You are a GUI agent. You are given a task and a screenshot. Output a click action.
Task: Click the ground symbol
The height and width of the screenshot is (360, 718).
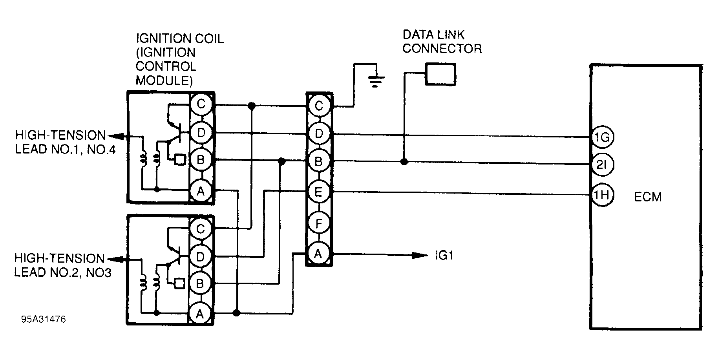pyautogui.click(x=375, y=82)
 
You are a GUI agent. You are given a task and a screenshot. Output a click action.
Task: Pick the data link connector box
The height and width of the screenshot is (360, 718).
pyautogui.click(x=440, y=74)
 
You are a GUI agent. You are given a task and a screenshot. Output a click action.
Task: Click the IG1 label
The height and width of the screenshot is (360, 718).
pyautogui.click(x=444, y=256)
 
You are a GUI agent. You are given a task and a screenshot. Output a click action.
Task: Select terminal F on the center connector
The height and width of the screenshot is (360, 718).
pyautogui.click(x=319, y=224)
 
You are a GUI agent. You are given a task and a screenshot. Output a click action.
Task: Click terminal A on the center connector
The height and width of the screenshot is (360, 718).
pyautogui.click(x=318, y=254)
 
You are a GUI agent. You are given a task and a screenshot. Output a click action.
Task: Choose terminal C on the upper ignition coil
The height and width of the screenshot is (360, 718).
pyautogui.click(x=201, y=104)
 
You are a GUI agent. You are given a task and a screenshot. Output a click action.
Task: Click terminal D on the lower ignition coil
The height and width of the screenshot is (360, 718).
pyautogui.click(x=200, y=257)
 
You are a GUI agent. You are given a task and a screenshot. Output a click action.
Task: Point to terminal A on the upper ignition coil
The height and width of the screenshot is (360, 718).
pyautogui.click(x=201, y=192)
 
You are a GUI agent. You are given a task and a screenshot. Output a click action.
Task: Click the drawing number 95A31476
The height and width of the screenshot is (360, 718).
pyautogui.click(x=44, y=320)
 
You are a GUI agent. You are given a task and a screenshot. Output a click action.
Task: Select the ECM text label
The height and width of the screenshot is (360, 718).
pyautogui.click(x=648, y=197)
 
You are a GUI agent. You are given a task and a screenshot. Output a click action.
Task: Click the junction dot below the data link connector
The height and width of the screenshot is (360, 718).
pyautogui.click(x=404, y=162)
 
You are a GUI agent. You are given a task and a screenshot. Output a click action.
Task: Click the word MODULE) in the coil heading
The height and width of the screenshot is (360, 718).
pyautogui.click(x=164, y=81)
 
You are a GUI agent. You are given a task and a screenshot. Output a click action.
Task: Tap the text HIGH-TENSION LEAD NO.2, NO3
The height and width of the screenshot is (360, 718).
pyautogui.click(x=60, y=265)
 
